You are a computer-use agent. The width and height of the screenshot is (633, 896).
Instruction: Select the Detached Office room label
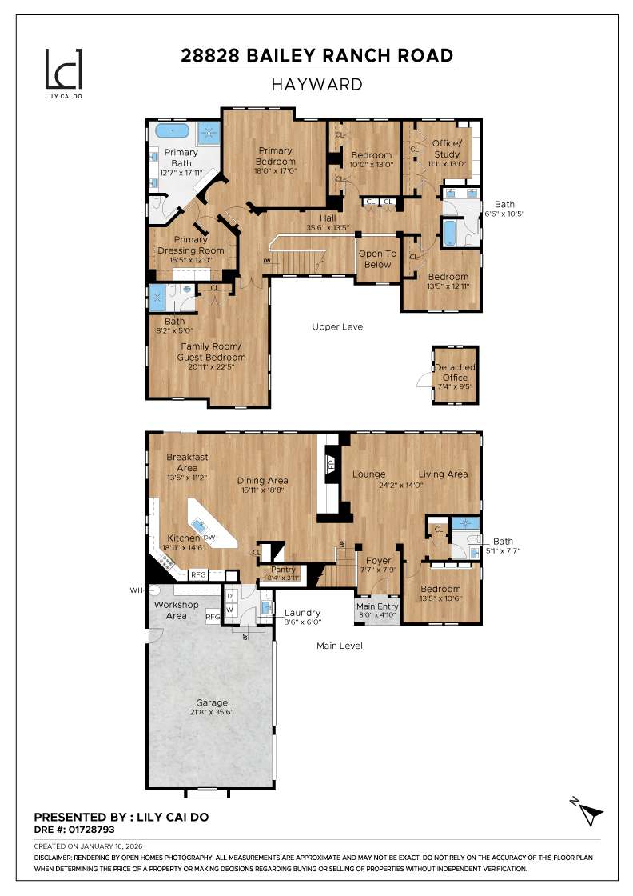[x=454, y=372]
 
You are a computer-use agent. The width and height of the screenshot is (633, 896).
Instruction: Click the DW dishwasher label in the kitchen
[x=209, y=537]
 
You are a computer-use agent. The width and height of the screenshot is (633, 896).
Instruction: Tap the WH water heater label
[x=137, y=590]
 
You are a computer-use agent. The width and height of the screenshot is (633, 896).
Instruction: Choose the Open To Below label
[x=377, y=259]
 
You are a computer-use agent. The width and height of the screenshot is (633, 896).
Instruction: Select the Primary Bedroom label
[x=275, y=156]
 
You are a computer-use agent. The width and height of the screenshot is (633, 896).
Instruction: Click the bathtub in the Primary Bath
[x=173, y=130]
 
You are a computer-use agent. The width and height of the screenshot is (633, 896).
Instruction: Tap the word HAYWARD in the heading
[x=316, y=84]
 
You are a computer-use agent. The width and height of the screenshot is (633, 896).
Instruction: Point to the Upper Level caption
[x=338, y=326]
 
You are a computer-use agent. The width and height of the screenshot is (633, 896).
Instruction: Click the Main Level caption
[x=339, y=645]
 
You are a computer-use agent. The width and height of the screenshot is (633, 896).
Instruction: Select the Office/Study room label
[x=446, y=148]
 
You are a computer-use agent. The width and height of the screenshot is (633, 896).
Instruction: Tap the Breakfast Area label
[x=187, y=462]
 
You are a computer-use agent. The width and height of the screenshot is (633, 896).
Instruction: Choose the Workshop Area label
[x=177, y=610]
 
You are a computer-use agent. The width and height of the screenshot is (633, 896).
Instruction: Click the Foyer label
[x=378, y=561]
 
